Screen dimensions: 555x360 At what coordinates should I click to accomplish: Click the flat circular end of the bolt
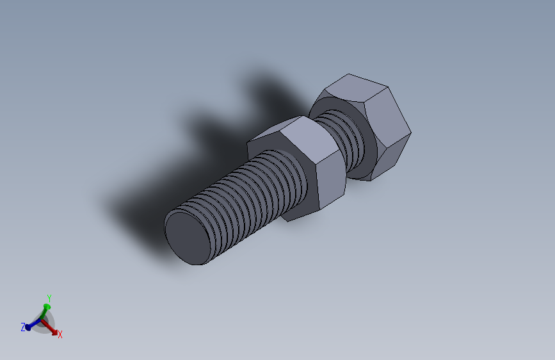[x=188, y=238]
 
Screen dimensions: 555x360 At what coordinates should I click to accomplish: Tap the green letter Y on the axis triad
[x=49, y=298]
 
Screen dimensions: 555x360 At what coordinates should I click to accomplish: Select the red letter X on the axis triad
[x=60, y=334]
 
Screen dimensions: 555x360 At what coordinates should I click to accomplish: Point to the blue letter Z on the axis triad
[x=23, y=327]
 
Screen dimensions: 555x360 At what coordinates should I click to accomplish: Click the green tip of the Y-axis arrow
[x=47, y=307]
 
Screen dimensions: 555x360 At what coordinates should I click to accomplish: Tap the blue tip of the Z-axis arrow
[x=28, y=327]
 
